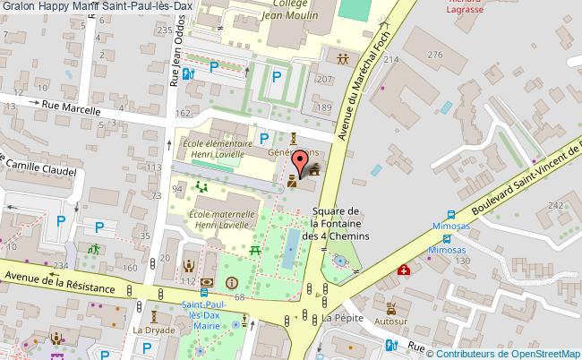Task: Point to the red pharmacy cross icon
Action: [x=406, y=270]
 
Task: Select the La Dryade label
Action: [x=153, y=329]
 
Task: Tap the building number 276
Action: [x=435, y=56]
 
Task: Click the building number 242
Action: [x=557, y=205]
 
